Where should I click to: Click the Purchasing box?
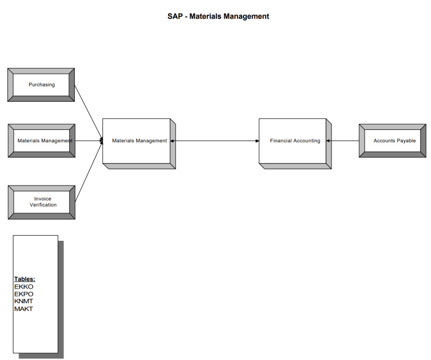click(x=42, y=85)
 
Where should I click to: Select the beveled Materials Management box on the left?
click(x=42, y=141)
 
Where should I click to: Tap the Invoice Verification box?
click(x=42, y=201)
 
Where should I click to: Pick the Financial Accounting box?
click(x=293, y=141)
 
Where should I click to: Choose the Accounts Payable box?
click(x=393, y=141)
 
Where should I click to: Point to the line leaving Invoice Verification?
click(x=88, y=172)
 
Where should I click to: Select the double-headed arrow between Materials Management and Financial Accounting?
click(x=214, y=141)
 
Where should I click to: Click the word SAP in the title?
click(x=175, y=16)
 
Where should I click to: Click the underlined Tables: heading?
click(x=25, y=279)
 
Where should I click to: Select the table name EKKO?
click(x=24, y=287)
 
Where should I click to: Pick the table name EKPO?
click(x=24, y=294)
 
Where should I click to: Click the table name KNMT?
click(x=24, y=301)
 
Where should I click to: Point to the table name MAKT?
click(x=24, y=308)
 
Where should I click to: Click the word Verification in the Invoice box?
click(x=43, y=205)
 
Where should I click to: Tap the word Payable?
click(x=405, y=141)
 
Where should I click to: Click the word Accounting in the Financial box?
click(x=307, y=141)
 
